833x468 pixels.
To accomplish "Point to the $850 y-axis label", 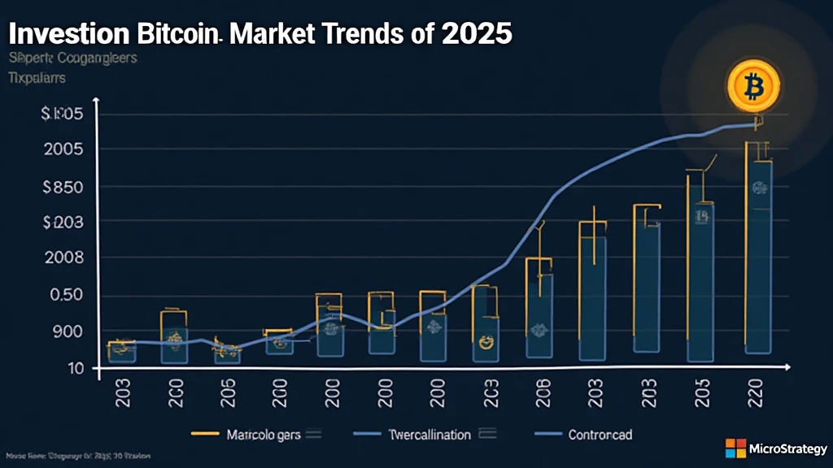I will (60, 187).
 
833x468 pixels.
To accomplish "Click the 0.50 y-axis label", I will (62, 295).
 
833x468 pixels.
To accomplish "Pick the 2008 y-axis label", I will (61, 258).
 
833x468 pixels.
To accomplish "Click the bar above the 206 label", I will (539, 317).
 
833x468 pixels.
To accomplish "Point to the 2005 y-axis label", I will (61, 150).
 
